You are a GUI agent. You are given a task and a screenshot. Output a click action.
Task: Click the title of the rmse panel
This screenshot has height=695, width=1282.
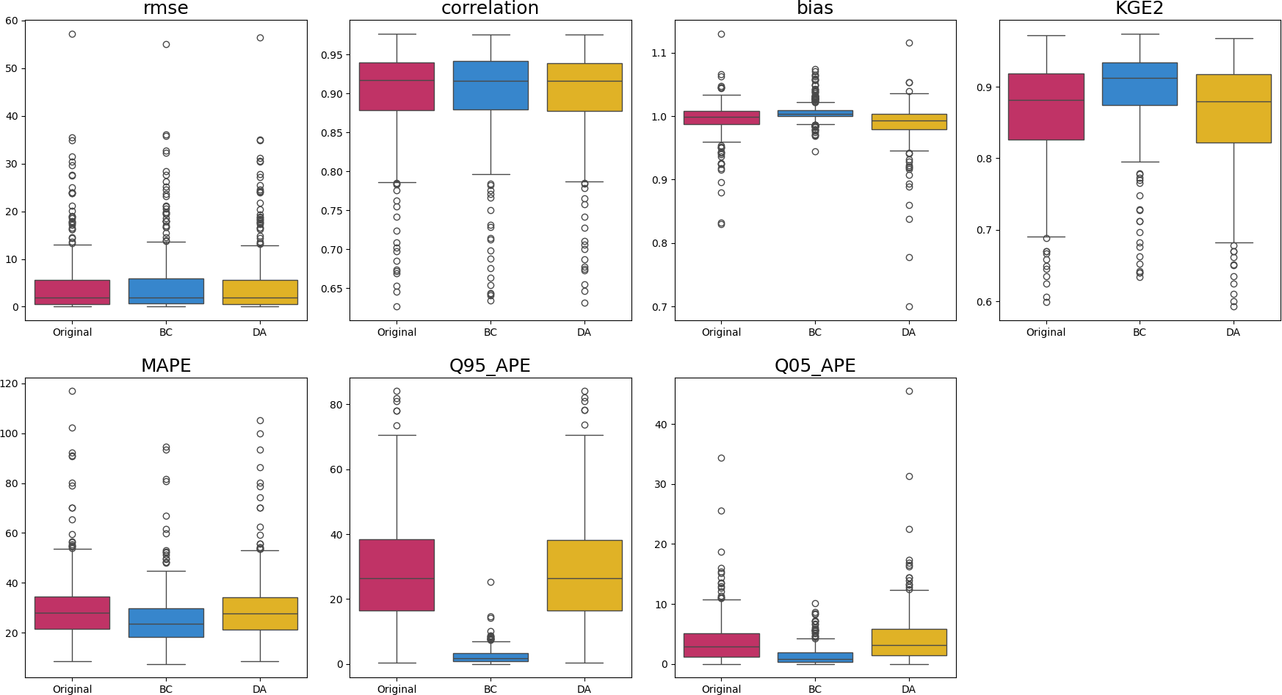pyautogui.click(x=166, y=8)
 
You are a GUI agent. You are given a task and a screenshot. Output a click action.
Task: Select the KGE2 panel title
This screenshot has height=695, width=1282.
pyautogui.click(x=1140, y=8)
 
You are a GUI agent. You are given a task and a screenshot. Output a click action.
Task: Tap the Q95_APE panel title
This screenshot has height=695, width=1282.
pyautogui.click(x=490, y=365)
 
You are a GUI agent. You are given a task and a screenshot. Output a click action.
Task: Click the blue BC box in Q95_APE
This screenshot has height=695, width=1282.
pyautogui.click(x=490, y=657)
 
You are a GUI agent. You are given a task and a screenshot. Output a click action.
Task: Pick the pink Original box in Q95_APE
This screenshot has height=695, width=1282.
pyautogui.click(x=396, y=575)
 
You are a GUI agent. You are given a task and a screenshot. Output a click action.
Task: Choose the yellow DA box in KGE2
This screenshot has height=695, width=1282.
pyautogui.click(x=1233, y=108)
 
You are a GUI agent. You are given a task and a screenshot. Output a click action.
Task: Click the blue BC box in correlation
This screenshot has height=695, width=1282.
pyautogui.click(x=490, y=85)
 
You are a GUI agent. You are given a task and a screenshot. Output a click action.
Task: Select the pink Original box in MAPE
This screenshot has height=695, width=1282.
pyautogui.click(x=72, y=612)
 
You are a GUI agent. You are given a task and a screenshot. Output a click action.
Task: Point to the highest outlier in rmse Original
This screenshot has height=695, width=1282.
pyautogui.click(x=72, y=34)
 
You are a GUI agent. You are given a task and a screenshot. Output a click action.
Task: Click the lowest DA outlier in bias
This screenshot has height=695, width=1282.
pyautogui.click(x=909, y=306)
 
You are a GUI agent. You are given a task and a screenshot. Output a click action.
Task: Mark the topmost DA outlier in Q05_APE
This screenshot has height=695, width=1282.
pyautogui.click(x=909, y=391)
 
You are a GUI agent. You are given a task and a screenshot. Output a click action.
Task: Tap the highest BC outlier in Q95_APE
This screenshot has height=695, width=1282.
pyautogui.click(x=490, y=582)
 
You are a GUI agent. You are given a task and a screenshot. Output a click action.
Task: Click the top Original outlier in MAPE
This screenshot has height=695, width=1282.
pyautogui.click(x=72, y=391)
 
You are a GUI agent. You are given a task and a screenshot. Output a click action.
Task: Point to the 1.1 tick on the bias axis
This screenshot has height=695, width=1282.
pyautogui.click(x=659, y=53)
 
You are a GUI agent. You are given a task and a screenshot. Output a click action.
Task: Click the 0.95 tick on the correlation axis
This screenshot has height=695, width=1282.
pyautogui.click(x=331, y=55)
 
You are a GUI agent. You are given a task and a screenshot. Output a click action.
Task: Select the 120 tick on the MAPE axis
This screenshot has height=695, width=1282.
pyautogui.click(x=10, y=383)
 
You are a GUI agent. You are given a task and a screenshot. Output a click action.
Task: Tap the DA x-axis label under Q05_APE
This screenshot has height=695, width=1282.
pyautogui.click(x=908, y=689)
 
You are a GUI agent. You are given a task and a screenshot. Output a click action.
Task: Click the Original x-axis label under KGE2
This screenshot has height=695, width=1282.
pyautogui.click(x=1046, y=332)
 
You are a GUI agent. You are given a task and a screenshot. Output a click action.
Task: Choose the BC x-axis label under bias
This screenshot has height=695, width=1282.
pyautogui.click(x=815, y=332)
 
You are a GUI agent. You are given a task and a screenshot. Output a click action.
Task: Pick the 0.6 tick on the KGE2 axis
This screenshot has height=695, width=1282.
pyautogui.click(x=983, y=302)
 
